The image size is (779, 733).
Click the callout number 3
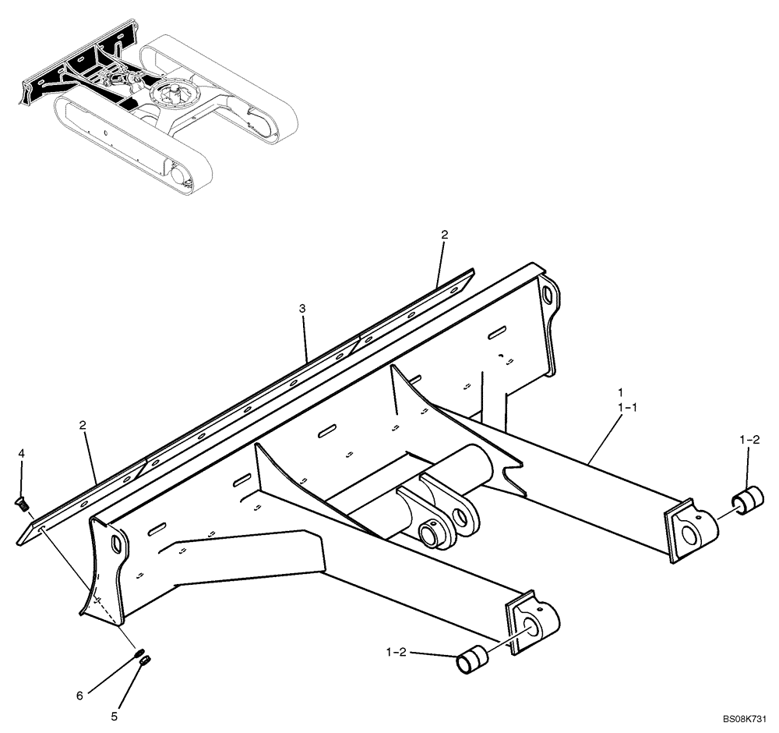tap(302, 310)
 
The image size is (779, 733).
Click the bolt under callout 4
tap(22, 505)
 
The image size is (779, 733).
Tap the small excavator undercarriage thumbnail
tap(160, 109)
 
